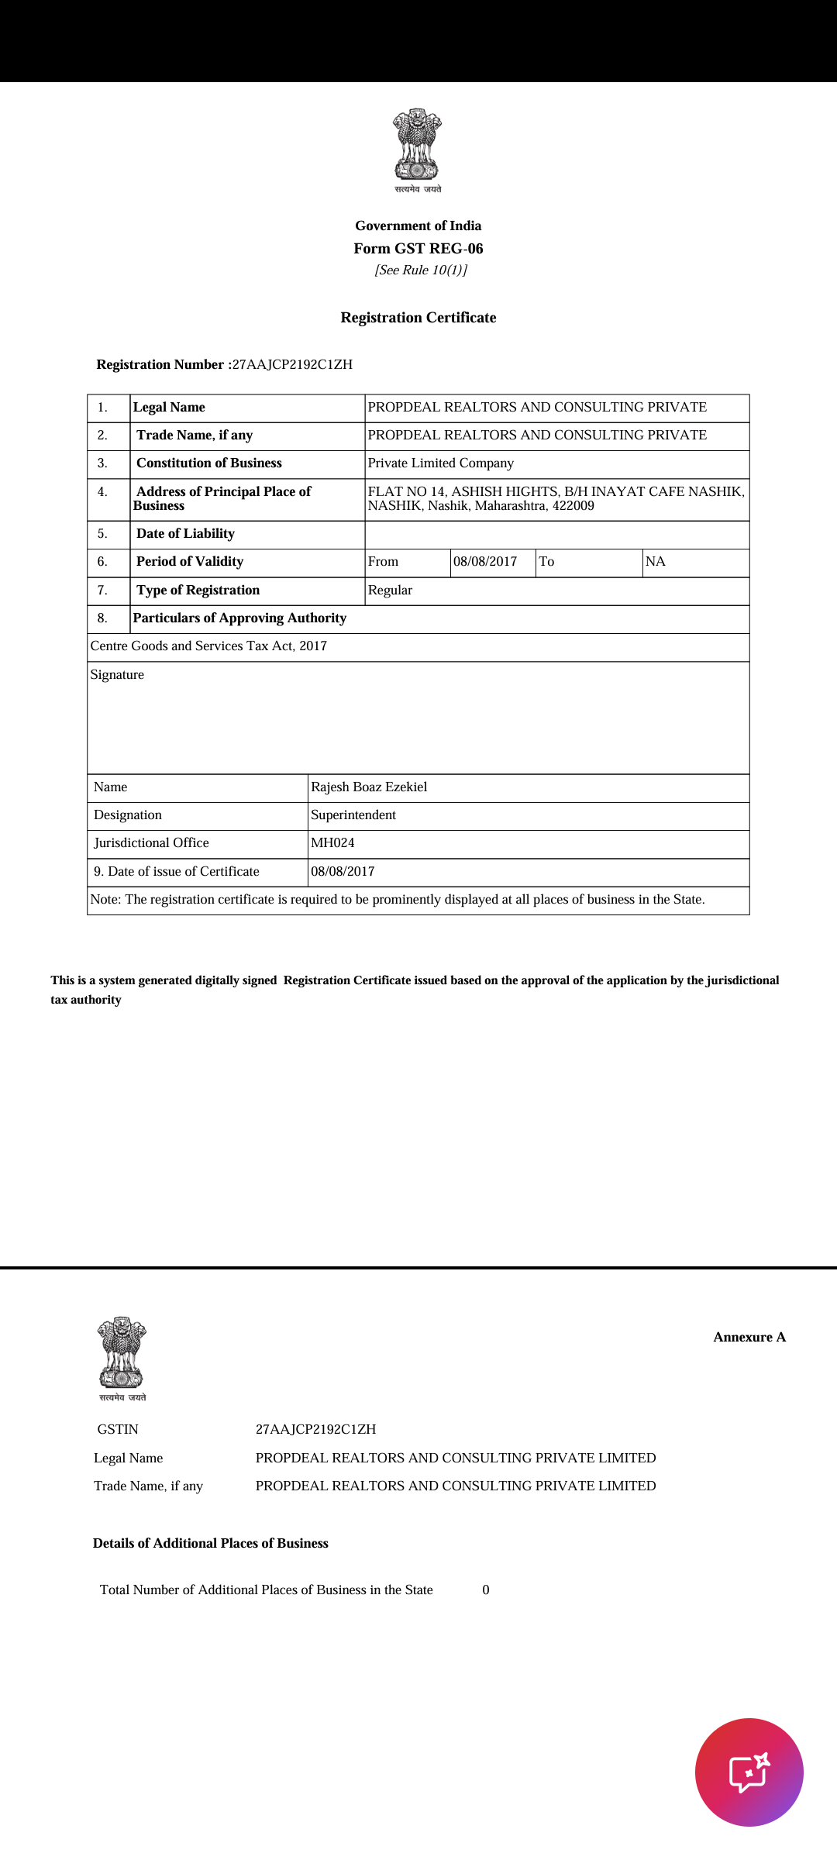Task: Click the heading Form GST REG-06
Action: click(x=418, y=249)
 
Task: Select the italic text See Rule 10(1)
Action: click(x=421, y=270)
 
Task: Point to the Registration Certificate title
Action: click(x=418, y=318)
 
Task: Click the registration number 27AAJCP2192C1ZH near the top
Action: click(x=292, y=365)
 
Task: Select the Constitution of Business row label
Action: click(x=208, y=463)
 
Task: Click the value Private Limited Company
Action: click(x=440, y=463)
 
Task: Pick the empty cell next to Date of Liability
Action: click(x=556, y=534)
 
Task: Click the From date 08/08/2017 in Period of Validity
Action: click(x=485, y=562)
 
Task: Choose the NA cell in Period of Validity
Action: click(x=656, y=562)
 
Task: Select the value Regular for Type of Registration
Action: click(x=390, y=591)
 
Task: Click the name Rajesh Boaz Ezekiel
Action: click(x=369, y=787)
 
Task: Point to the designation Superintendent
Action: click(x=353, y=815)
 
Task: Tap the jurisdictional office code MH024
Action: click(x=332, y=843)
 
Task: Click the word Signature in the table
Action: click(x=117, y=675)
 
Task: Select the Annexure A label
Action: click(x=749, y=1338)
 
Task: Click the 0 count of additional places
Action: click(x=486, y=1590)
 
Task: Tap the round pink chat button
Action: click(x=749, y=1772)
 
